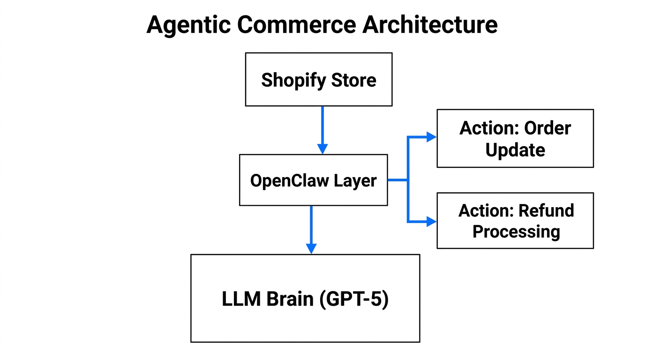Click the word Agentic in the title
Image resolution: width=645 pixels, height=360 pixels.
(x=188, y=25)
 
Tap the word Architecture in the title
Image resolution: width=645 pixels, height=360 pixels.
(x=430, y=25)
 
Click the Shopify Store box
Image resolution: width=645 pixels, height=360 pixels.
(x=319, y=79)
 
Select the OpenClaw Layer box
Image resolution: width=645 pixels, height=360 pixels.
(x=313, y=180)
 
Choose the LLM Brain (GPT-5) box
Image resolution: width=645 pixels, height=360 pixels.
(x=305, y=298)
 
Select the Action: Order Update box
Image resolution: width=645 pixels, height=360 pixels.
(x=515, y=138)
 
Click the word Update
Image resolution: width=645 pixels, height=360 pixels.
(x=515, y=150)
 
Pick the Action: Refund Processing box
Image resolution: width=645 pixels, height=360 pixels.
(x=515, y=220)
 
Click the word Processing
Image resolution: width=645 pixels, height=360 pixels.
(x=516, y=232)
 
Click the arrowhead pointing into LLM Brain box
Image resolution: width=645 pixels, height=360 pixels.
(x=311, y=248)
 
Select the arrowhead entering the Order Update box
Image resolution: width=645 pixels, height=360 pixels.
(x=431, y=137)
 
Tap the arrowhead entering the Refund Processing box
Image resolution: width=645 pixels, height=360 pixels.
(x=431, y=221)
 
